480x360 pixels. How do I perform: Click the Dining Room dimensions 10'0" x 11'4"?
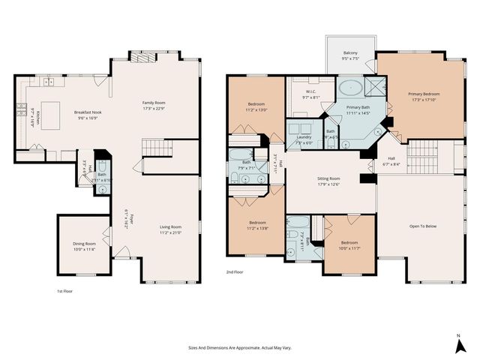(84, 249)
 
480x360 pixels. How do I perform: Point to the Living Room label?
(171, 226)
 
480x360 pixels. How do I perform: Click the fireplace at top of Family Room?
(142, 56)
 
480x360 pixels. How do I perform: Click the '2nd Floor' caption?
(235, 273)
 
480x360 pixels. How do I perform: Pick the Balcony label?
(350, 52)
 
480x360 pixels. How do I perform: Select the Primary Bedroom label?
(424, 94)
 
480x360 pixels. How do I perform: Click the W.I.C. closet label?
(310, 92)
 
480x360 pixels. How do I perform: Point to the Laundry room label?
(304, 137)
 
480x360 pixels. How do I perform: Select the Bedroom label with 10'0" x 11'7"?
(349, 243)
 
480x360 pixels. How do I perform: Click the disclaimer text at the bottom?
(239, 347)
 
